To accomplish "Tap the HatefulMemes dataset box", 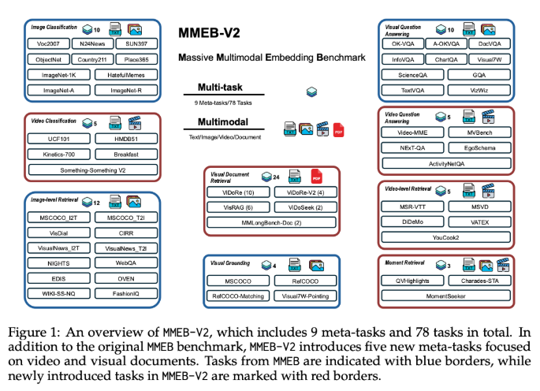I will pos(119,75).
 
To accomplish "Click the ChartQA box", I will pos(447,59).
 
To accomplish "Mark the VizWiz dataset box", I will pos(480,89).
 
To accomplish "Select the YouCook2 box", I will pos(445,235).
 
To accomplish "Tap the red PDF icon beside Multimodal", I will pos(338,128).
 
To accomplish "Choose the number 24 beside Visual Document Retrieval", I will pos(277,178).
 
